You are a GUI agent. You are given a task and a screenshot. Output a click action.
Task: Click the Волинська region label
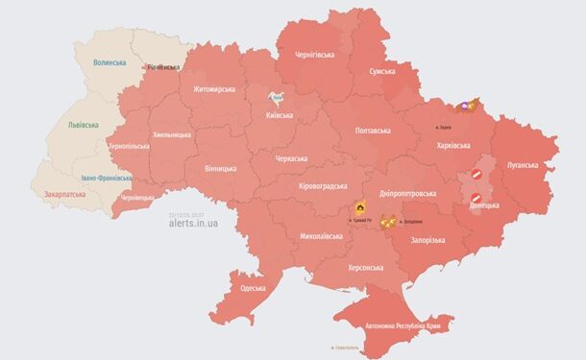coord(110,62)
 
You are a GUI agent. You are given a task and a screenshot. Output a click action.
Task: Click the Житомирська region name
coord(214,89)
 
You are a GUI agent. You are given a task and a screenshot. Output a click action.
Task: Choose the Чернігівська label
coord(315,56)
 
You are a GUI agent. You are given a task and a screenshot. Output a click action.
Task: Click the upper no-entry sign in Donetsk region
coord(477,175)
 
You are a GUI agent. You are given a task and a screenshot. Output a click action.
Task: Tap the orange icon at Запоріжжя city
coord(389,223)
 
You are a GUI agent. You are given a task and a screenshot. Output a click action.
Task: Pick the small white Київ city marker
coord(276,97)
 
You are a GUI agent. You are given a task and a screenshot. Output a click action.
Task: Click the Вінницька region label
coord(220,169)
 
